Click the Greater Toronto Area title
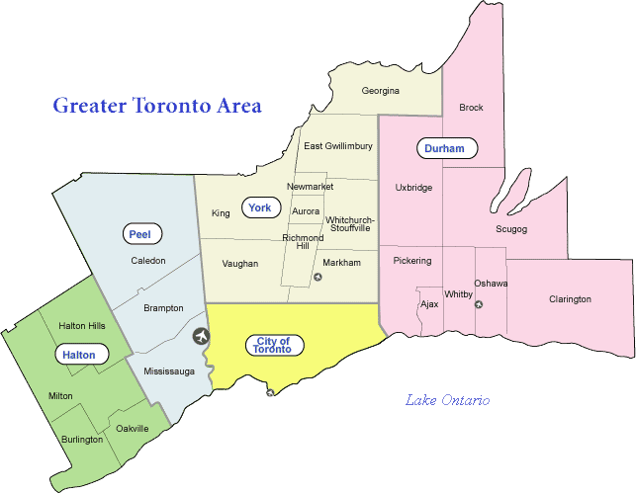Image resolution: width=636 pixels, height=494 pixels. [x=157, y=105]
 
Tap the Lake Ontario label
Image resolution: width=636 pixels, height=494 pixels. [x=447, y=400]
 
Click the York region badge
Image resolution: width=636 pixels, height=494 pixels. [x=260, y=207]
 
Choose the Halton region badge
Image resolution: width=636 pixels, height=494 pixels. [x=78, y=354]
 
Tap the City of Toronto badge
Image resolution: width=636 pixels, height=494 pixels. [x=273, y=345]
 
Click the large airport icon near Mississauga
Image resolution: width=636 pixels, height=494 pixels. [x=202, y=336]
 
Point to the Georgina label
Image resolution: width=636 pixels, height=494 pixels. [x=380, y=91]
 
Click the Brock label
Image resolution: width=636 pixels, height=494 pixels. [x=471, y=108]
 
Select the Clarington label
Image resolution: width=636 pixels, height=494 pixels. [x=570, y=299]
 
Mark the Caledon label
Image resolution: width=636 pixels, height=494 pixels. [x=148, y=261]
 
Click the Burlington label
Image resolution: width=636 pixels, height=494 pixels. [x=81, y=439]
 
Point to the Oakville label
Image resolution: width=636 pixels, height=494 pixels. [x=132, y=429]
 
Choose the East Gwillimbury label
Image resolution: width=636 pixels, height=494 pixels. [x=338, y=146]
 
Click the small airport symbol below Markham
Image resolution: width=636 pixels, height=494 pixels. [x=318, y=277]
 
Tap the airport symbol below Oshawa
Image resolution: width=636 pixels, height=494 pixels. [x=479, y=304]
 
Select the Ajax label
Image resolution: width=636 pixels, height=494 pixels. [x=429, y=304]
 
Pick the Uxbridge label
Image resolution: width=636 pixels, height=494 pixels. [x=413, y=188]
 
